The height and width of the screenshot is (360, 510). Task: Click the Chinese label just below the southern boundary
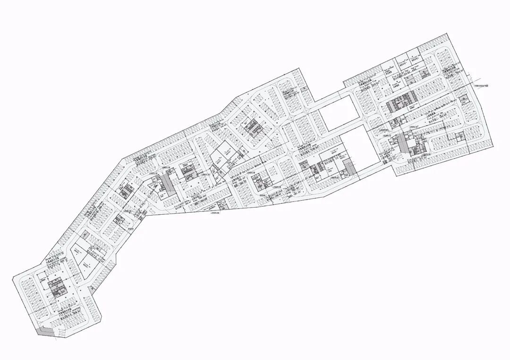click(214, 213)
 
